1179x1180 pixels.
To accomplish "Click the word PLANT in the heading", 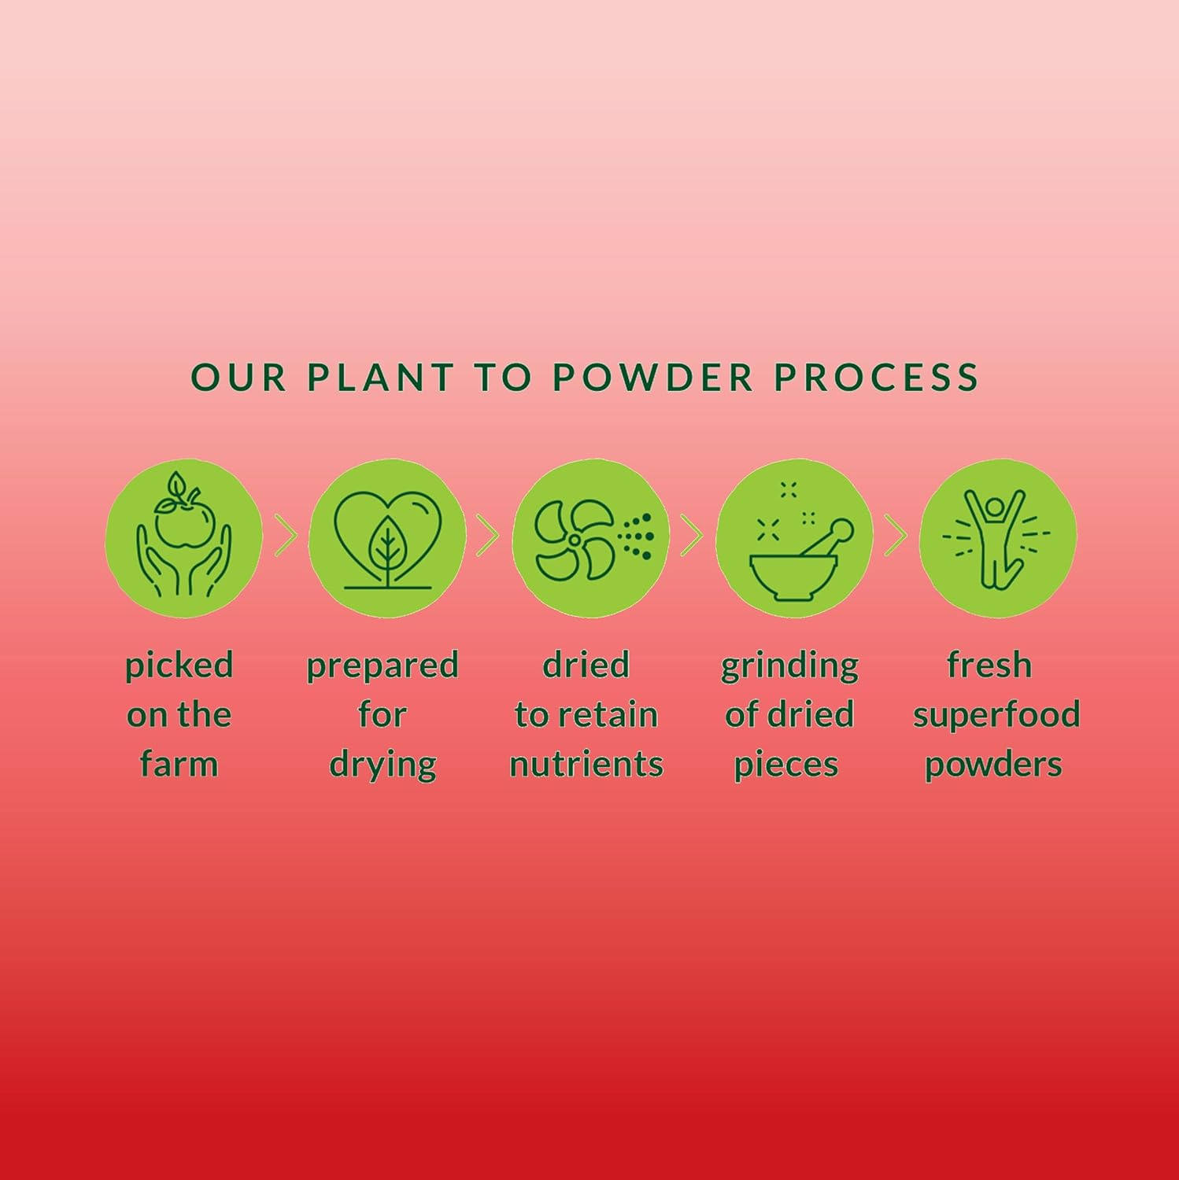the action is point(381,377).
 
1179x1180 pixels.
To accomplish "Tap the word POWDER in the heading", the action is point(652,377).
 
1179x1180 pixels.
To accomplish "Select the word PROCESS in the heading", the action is point(876,377).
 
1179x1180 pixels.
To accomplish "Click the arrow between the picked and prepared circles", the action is point(286,536).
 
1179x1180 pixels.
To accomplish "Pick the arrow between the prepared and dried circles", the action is point(488,536).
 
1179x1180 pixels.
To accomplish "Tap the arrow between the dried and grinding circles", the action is point(692,536).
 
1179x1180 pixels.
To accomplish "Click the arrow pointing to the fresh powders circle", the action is point(896,536).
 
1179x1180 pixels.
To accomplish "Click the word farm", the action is point(179,764).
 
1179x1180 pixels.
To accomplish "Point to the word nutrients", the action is point(586,765).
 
